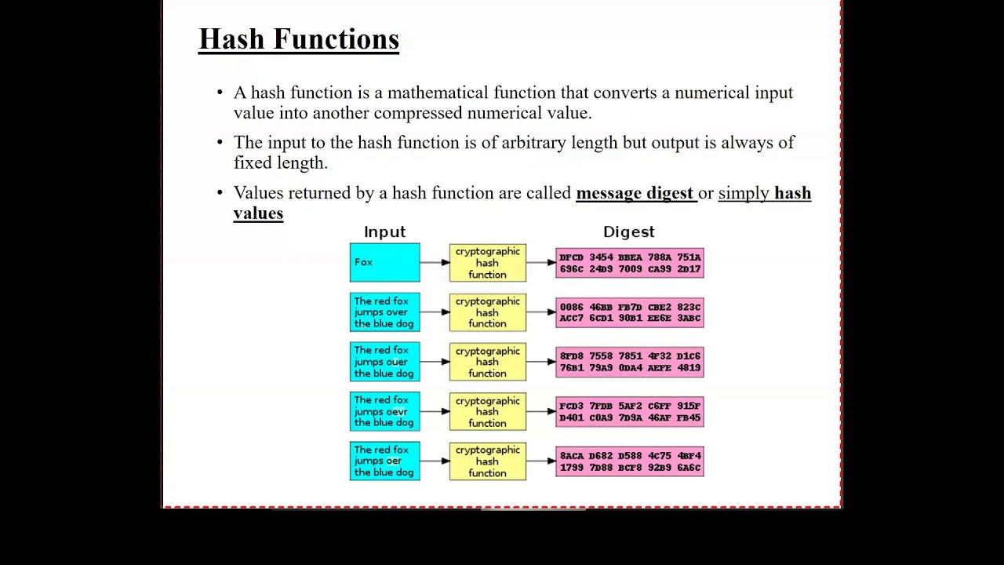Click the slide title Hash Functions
click(x=299, y=39)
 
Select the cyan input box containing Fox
click(x=384, y=262)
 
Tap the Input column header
click(x=384, y=231)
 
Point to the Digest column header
click(x=628, y=231)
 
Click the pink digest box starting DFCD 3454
click(x=630, y=263)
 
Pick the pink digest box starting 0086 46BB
click(x=630, y=312)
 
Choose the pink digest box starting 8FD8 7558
click(x=630, y=362)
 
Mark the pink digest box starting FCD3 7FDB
click(x=630, y=412)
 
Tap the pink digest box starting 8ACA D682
click(x=630, y=461)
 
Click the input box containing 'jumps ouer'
click(x=384, y=362)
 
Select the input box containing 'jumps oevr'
click(x=384, y=411)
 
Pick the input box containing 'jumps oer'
click(x=384, y=461)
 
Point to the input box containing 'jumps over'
click(x=384, y=312)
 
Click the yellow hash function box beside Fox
click(x=487, y=263)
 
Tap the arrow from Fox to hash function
click(x=435, y=262)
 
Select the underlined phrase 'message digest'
click(x=635, y=193)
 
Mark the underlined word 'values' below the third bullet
click(x=258, y=213)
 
